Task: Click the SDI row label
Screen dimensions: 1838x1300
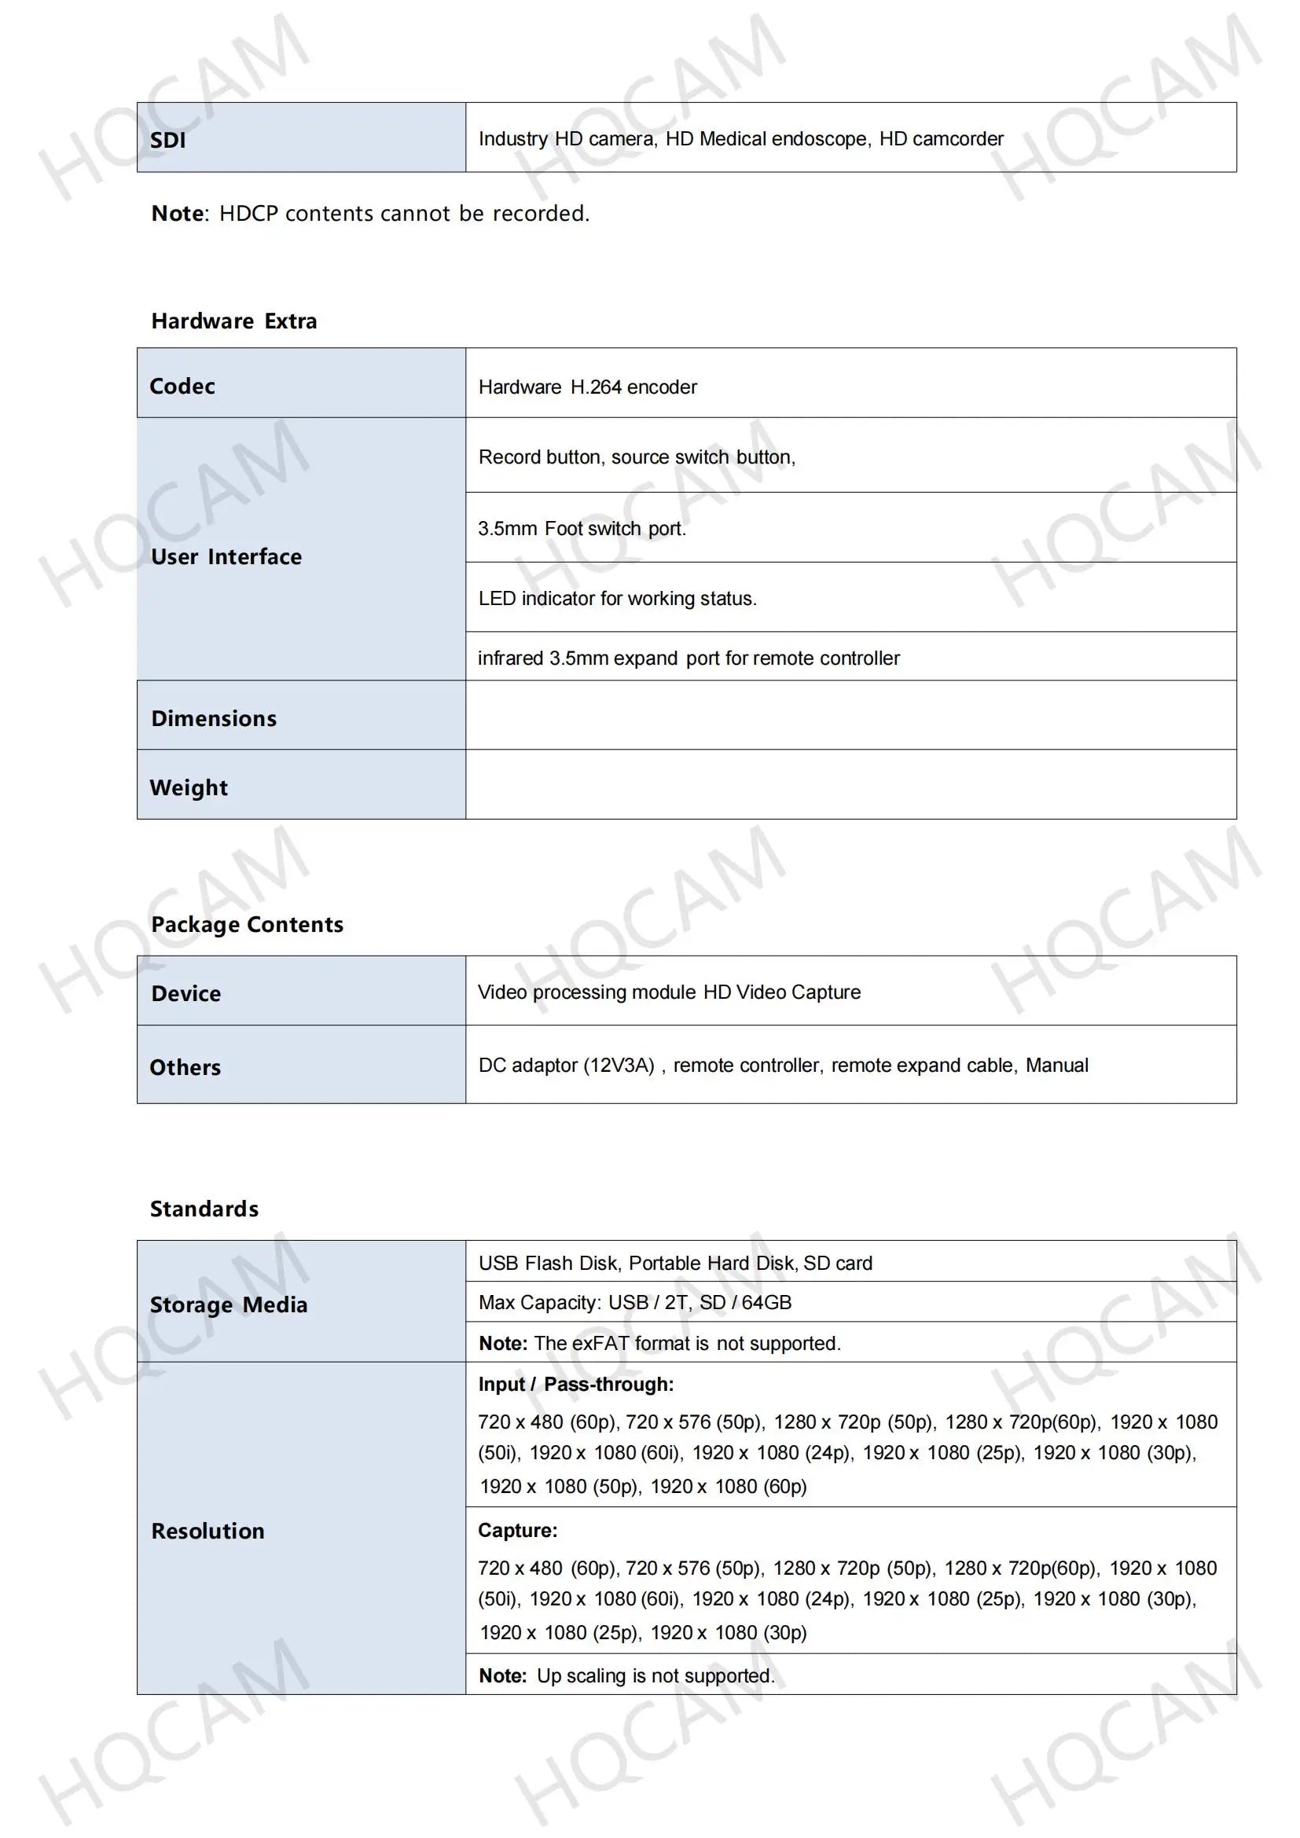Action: click(167, 140)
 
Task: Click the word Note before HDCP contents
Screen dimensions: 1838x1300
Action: click(177, 214)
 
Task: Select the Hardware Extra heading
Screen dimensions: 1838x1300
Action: click(233, 321)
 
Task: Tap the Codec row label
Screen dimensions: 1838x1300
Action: click(182, 387)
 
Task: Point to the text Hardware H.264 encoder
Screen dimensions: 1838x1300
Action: click(587, 387)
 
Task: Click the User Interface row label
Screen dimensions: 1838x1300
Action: click(226, 557)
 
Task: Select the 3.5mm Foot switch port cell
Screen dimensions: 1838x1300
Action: click(582, 528)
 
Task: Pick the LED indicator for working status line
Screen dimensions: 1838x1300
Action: click(617, 599)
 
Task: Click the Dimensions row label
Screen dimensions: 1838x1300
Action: click(214, 719)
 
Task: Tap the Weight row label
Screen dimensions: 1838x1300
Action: click(189, 787)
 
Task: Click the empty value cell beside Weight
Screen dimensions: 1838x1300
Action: click(850, 784)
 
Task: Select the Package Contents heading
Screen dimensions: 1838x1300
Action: click(248, 925)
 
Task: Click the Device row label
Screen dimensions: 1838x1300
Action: click(185, 993)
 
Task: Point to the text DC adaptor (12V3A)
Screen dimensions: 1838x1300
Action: click(566, 1066)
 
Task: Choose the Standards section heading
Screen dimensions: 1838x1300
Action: click(204, 1209)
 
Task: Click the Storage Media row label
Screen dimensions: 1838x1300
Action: click(229, 1305)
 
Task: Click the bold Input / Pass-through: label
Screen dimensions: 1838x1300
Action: click(575, 1384)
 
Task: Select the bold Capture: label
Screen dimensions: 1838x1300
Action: click(517, 1531)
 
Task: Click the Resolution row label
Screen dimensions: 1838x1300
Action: click(207, 1532)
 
